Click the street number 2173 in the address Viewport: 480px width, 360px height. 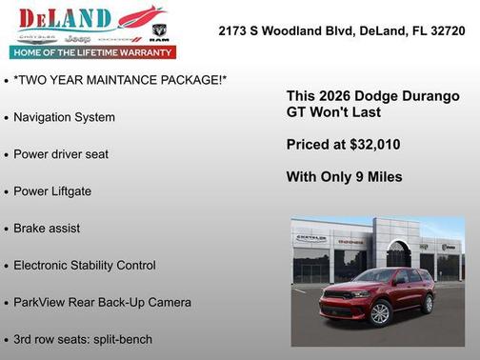[x=233, y=30]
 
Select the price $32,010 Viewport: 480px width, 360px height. [x=370, y=145]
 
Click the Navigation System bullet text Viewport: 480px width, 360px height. [x=64, y=117]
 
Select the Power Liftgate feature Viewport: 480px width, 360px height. [x=52, y=191]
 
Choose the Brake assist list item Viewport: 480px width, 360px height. [x=47, y=229]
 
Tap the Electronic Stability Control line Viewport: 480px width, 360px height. [x=84, y=266]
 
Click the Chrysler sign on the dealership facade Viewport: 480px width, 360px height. [x=310, y=237]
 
